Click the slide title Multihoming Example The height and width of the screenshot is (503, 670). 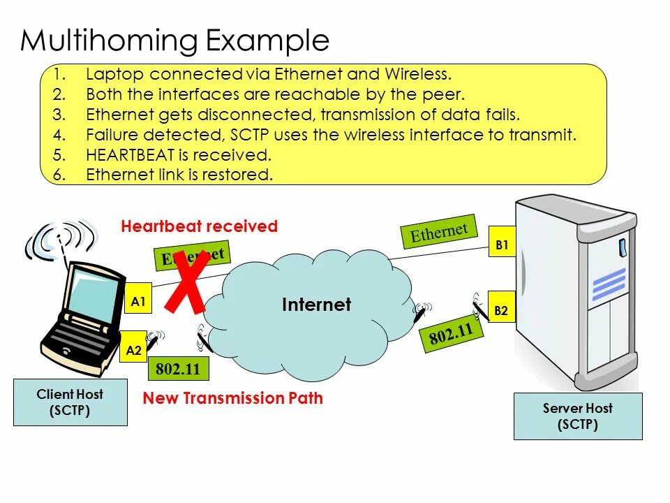[x=174, y=41]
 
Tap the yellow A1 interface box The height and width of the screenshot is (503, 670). [x=137, y=302]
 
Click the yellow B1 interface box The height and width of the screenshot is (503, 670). [x=502, y=245]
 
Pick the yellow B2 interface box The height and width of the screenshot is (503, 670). [x=501, y=309]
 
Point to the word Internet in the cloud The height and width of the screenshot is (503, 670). [x=316, y=305]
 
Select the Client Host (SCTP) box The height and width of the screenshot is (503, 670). [x=70, y=402]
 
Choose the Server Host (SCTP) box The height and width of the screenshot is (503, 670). [x=578, y=416]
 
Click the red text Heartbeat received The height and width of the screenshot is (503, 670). [x=199, y=226]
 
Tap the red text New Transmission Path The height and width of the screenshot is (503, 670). [x=233, y=398]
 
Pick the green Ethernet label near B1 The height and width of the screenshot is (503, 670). [x=438, y=231]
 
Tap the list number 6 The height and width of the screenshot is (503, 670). [x=59, y=175]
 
